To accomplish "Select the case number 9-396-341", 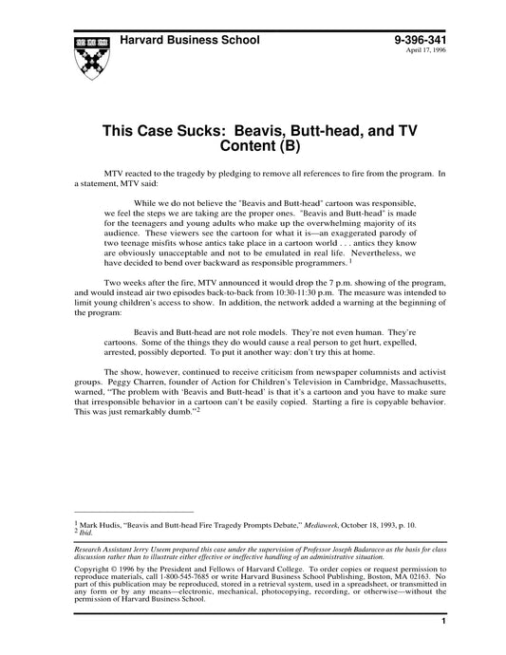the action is (x=421, y=42).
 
